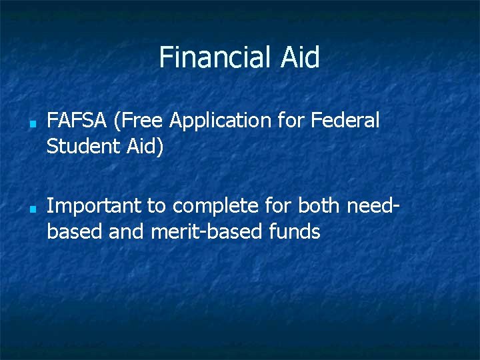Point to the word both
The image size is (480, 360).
[318, 206]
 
